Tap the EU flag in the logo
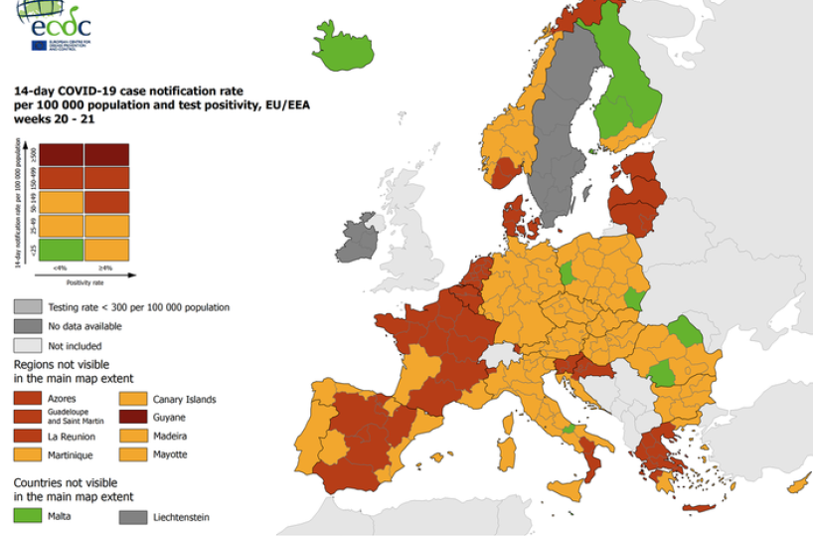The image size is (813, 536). pyautogui.click(x=38, y=45)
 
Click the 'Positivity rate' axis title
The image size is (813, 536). pyautogui.click(x=85, y=282)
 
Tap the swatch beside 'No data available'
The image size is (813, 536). pyautogui.click(x=28, y=325)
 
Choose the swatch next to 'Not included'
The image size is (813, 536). pyautogui.click(x=28, y=345)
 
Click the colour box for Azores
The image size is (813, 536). pyautogui.click(x=28, y=398)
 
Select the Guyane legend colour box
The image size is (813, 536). pyautogui.click(x=133, y=418)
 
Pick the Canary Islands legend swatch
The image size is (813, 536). pyautogui.click(x=133, y=399)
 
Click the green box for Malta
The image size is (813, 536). pyautogui.click(x=28, y=516)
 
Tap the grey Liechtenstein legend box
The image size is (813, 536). pyautogui.click(x=133, y=516)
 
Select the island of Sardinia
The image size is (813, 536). pyautogui.click(x=506, y=451)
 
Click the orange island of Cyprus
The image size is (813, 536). pyautogui.click(x=796, y=484)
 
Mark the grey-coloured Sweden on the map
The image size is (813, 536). pyautogui.click(x=557, y=139)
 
